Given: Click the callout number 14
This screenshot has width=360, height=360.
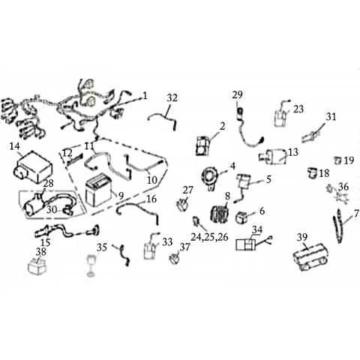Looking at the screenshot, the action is point(14,146).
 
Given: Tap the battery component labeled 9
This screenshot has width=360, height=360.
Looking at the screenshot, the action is point(97,190).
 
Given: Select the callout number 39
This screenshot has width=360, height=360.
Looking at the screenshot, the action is point(302,237).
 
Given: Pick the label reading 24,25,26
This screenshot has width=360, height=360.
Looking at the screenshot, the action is point(209,237).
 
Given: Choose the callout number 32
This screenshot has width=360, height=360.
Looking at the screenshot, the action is point(172,98).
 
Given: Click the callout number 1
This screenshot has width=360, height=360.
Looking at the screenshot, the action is point(145,96).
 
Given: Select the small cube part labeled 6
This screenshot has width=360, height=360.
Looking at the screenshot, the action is point(241,217).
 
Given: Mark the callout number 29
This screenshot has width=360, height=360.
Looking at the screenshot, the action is point(237,95).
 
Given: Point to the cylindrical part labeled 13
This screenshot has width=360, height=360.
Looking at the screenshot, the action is point(273,156).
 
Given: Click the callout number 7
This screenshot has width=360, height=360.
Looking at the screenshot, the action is point(356,214).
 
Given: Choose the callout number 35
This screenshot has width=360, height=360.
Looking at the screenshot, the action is point(102,247).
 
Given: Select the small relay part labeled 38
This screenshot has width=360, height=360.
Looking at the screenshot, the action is point(37,266).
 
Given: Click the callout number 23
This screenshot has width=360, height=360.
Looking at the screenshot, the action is point(298,109).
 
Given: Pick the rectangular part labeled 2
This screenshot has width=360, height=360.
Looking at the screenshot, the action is point(204,146).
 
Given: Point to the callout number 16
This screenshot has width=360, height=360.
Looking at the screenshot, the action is point(151,199).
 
